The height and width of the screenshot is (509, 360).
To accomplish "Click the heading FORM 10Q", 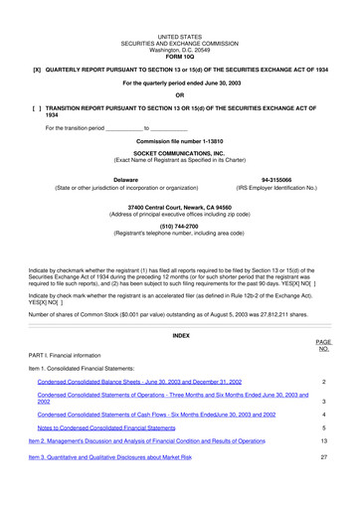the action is (180, 55).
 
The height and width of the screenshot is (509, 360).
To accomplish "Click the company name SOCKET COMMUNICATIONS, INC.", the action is (180, 153).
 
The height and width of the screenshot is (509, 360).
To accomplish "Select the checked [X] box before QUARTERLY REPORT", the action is (37, 70).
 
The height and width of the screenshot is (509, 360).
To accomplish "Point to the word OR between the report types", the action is (180, 94).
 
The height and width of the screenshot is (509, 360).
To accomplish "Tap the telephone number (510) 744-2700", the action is (180, 225).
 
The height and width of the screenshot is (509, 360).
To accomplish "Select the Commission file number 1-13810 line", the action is (180, 141).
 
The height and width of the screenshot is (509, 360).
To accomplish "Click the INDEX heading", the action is (180, 336).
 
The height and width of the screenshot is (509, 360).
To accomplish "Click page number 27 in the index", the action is (324, 456).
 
